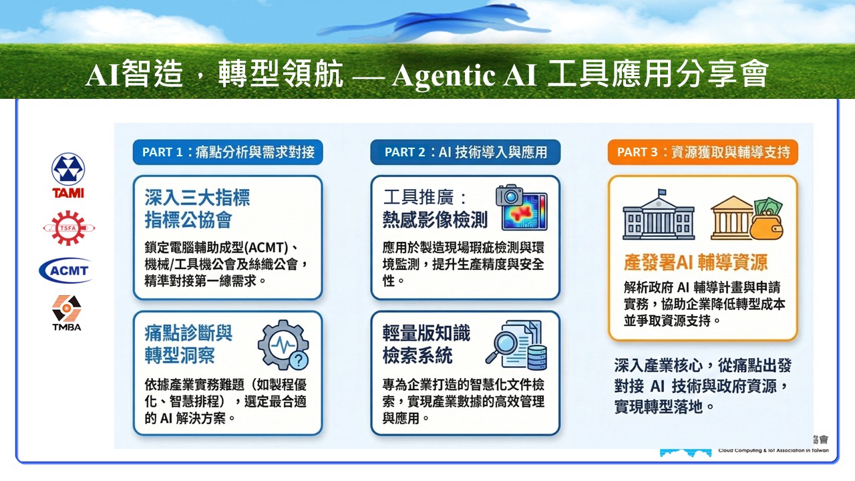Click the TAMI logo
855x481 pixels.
[68, 176]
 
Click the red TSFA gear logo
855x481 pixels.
[69, 228]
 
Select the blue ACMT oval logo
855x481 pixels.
[66, 271]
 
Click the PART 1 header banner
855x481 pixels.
[228, 152]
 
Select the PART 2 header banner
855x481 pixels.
[466, 152]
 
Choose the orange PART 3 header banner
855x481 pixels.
[703, 152]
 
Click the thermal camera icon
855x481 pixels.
[522, 208]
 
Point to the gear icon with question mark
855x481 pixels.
[284, 345]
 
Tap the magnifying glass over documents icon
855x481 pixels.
[516, 345]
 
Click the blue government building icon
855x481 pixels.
[659, 214]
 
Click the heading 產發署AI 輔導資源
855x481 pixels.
[695, 263]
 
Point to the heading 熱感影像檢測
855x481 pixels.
[435, 220]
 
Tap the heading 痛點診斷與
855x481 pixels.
[188, 333]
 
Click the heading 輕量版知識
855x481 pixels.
[426, 333]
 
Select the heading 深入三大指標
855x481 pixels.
[197, 198]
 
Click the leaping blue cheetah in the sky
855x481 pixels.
[434, 21]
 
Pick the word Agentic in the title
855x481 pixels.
[443, 75]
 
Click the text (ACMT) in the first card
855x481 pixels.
[266, 248]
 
